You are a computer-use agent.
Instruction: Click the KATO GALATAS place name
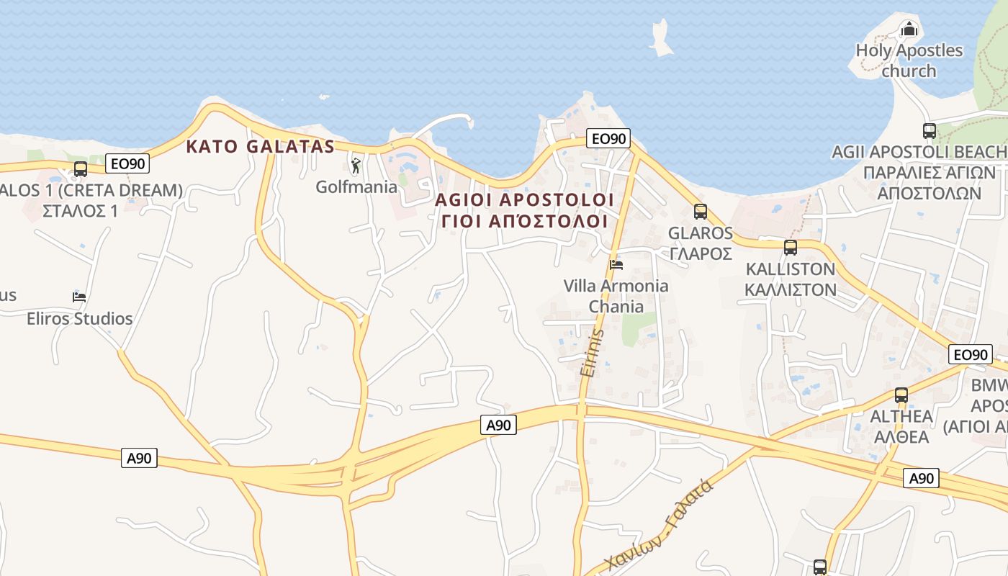pyautogui.click(x=260, y=147)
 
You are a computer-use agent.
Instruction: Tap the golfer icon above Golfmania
pyautogui.click(x=356, y=166)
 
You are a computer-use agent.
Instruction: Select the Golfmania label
pyautogui.click(x=356, y=187)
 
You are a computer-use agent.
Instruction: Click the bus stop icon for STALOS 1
pyautogui.click(x=81, y=169)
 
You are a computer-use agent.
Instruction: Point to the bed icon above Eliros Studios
pyautogui.click(x=79, y=297)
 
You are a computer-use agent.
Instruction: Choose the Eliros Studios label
pyautogui.click(x=80, y=318)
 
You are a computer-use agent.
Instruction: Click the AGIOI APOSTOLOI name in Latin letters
pyautogui.click(x=524, y=199)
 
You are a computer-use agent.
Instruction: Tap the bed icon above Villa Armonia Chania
pyautogui.click(x=616, y=264)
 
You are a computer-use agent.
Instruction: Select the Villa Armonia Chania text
pyautogui.click(x=616, y=296)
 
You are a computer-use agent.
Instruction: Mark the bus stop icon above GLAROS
pyautogui.click(x=701, y=212)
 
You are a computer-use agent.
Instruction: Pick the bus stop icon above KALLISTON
pyautogui.click(x=791, y=248)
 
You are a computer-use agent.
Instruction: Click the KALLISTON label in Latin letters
pyautogui.click(x=791, y=269)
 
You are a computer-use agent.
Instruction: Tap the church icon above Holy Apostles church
pyautogui.click(x=909, y=30)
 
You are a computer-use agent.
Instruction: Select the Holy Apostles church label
pyautogui.click(x=909, y=60)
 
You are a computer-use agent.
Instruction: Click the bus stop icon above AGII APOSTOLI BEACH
pyautogui.click(x=930, y=131)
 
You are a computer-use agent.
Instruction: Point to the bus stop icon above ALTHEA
pyautogui.click(x=901, y=395)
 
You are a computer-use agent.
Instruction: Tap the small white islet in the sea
pyautogui.click(x=660, y=37)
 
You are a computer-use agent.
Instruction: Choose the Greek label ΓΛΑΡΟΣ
pyautogui.click(x=701, y=253)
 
